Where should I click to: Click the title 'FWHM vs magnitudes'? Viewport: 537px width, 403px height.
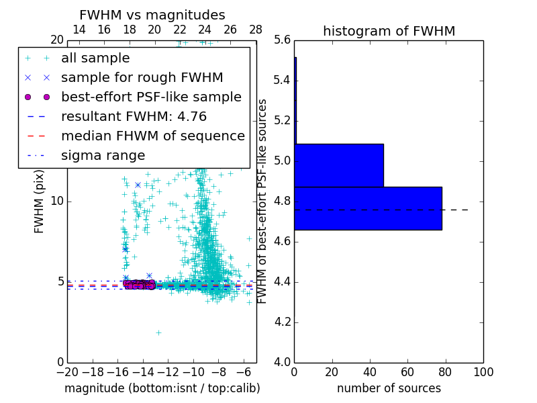click(152, 15)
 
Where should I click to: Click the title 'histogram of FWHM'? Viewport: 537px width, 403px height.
click(389, 31)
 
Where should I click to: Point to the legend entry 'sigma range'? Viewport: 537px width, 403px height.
click(103, 155)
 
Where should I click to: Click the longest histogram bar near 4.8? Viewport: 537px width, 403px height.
click(368, 208)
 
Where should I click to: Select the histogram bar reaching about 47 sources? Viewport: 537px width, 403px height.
click(338, 165)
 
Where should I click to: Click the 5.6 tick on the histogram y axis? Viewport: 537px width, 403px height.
click(282, 40)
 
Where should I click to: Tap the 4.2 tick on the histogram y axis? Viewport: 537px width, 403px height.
click(282, 322)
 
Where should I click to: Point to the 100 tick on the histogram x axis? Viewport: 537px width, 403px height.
click(483, 372)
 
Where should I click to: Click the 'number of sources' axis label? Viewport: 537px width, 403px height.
click(389, 388)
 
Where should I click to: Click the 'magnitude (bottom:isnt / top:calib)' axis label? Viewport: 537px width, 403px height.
click(162, 388)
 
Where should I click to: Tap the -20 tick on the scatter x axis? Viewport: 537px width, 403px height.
click(67, 372)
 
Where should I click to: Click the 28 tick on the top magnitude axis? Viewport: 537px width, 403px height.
click(256, 30)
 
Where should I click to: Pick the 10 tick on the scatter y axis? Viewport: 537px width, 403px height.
click(57, 201)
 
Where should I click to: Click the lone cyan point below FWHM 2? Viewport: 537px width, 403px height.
click(158, 332)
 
